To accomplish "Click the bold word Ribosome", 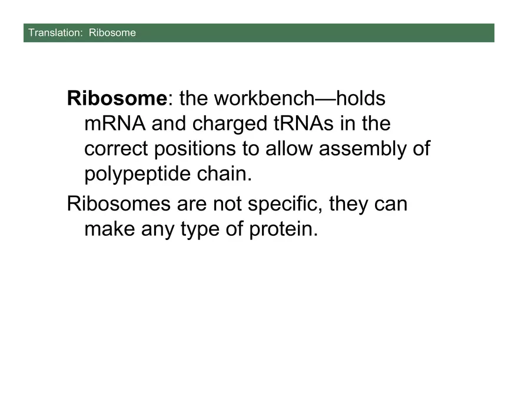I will click(x=117, y=98).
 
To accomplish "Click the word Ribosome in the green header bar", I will click(x=112, y=32).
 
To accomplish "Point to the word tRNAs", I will click(x=305, y=124).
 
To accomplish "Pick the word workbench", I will click(x=259, y=98).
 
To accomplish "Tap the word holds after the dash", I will click(x=361, y=98).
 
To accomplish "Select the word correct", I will click(x=117, y=149).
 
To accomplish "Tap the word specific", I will click(x=284, y=205).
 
